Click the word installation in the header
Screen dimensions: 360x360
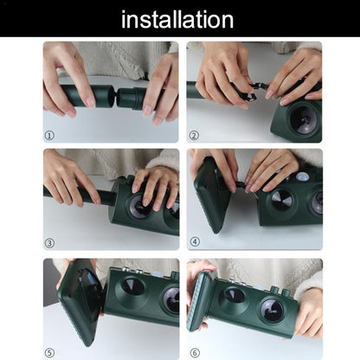(x=177, y=19)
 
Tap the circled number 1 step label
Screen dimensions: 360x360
(x=49, y=135)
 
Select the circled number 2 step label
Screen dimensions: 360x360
(x=193, y=135)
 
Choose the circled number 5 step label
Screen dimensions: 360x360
(x=49, y=352)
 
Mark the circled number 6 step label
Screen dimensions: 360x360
(x=193, y=352)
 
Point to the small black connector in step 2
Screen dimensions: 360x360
(x=253, y=91)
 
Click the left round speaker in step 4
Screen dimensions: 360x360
(x=279, y=198)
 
